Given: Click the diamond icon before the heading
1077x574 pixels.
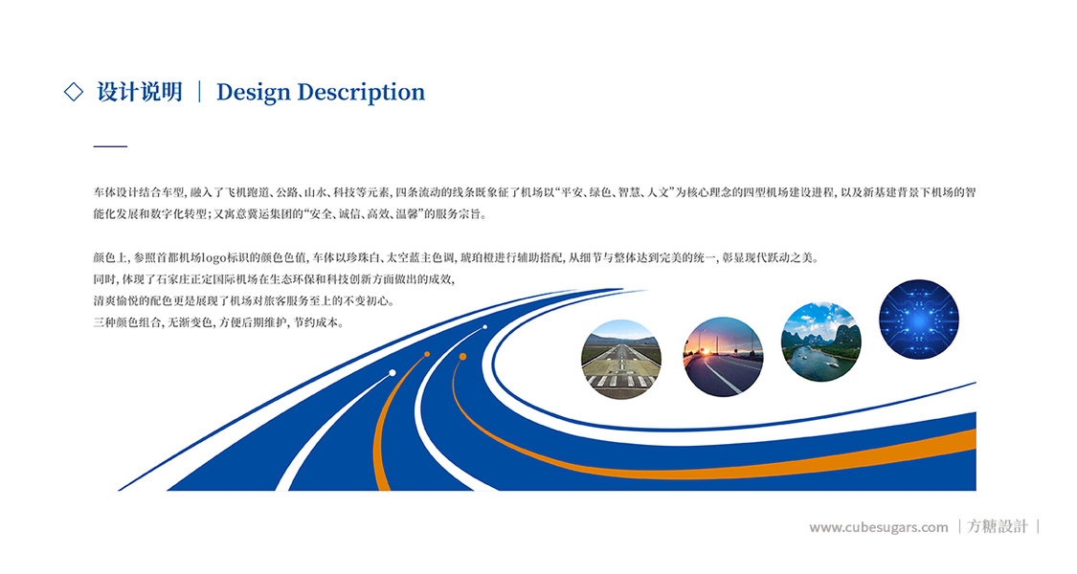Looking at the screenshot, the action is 74,91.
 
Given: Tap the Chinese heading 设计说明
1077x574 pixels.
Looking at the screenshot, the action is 140,92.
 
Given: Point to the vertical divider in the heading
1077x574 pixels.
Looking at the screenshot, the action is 199,92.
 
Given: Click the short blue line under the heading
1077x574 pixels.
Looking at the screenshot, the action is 111,146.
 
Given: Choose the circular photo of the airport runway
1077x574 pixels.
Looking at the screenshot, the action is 621,359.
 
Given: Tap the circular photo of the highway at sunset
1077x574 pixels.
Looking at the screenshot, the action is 723,356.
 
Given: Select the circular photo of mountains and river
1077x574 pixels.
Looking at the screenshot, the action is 820,342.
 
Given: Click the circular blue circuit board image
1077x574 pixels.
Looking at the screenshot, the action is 919,320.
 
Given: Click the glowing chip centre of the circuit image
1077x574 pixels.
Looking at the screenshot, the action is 919,320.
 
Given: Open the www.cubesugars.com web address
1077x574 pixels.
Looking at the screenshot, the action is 879,527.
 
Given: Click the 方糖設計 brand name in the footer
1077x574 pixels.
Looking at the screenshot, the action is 998,526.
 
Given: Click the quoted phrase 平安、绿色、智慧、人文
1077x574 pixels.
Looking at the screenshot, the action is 616,192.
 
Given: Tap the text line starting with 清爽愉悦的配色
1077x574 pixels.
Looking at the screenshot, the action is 244,300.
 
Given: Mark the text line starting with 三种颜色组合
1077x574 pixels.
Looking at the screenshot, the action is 218,322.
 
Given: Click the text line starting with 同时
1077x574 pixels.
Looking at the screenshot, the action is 274,279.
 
